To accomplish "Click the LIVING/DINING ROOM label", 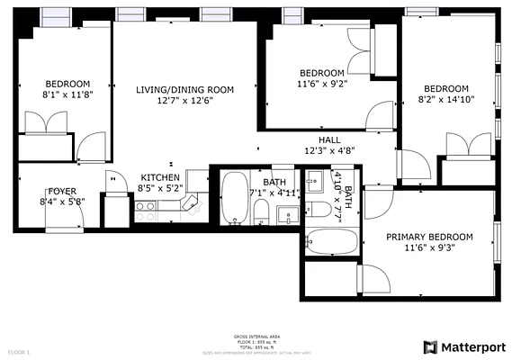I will pos(184,89).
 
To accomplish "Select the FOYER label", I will pos(62,191).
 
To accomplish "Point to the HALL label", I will pos(328,139).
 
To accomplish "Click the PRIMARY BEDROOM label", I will pos(427,237).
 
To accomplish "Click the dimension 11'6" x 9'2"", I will pos(321,84).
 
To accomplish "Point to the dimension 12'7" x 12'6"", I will pos(184,101).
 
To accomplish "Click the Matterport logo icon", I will pos(431,346).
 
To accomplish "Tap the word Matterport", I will pos(472,346).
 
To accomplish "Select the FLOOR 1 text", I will pos(19,351).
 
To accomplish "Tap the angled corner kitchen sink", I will pos(190,204).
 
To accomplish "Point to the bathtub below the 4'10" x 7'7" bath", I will pos(331,241).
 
